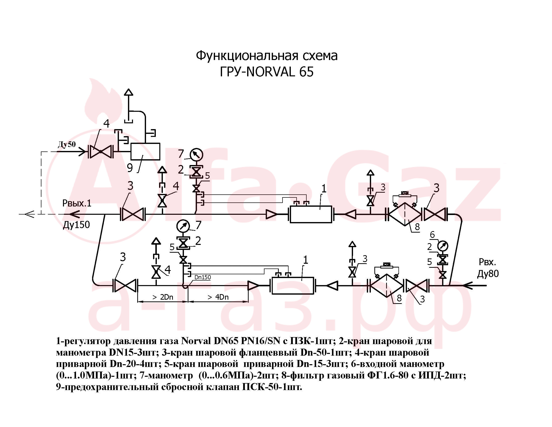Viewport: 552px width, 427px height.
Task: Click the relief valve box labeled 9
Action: (x=145, y=151)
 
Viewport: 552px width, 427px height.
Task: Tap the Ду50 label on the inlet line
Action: (x=67, y=144)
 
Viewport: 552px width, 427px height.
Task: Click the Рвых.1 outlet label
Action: (x=77, y=203)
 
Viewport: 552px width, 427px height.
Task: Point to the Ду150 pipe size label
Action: (x=76, y=225)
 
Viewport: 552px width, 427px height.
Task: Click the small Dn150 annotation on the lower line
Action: (x=203, y=277)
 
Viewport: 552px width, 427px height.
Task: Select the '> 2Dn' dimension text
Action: (x=163, y=297)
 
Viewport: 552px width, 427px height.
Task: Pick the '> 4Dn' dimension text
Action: (x=218, y=297)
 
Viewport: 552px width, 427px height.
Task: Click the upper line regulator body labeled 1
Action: (x=311, y=214)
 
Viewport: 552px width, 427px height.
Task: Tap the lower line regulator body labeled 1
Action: (x=293, y=286)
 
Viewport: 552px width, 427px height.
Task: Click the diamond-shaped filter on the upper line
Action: (x=405, y=214)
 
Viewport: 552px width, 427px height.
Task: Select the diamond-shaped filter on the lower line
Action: (x=386, y=286)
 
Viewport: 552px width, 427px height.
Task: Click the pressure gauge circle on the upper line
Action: (x=196, y=154)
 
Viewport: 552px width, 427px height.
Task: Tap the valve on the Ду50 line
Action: (x=100, y=151)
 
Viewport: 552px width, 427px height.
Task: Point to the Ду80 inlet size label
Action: (x=488, y=274)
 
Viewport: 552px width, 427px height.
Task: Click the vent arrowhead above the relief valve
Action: (x=129, y=92)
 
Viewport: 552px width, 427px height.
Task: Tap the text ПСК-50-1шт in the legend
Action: (x=272, y=387)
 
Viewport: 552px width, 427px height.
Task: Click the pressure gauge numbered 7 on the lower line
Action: (x=183, y=226)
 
